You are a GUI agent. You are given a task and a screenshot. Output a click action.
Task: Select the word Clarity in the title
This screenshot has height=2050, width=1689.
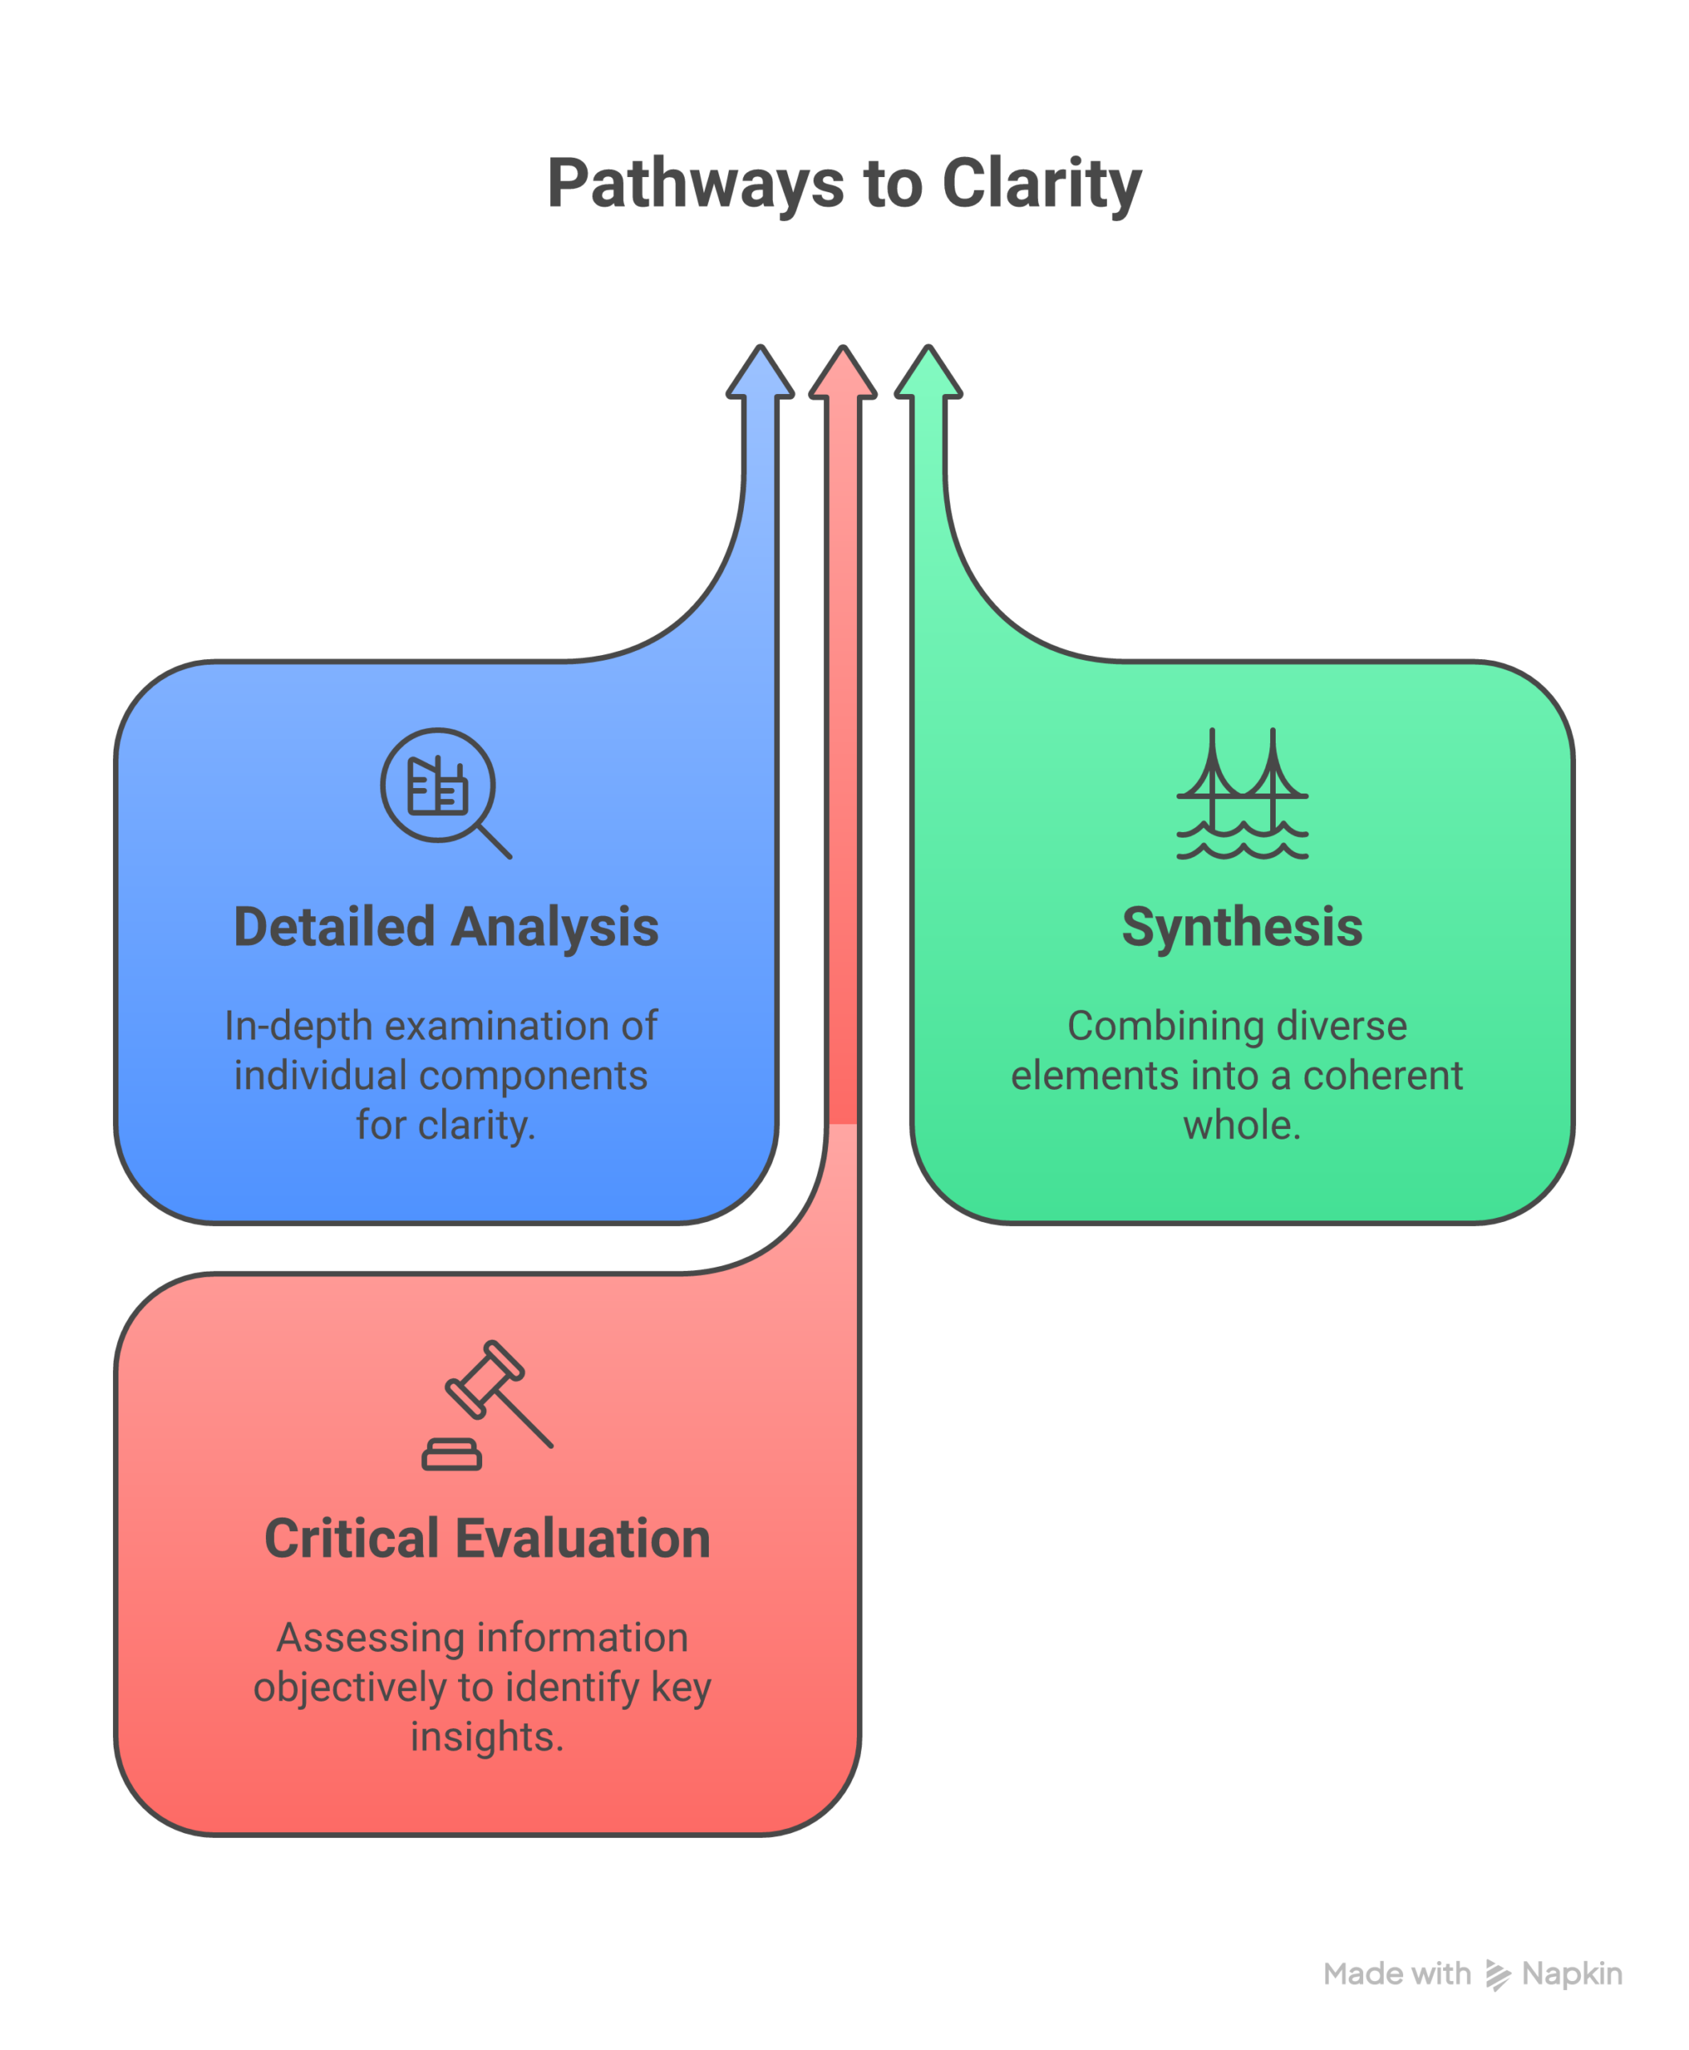[1042, 184]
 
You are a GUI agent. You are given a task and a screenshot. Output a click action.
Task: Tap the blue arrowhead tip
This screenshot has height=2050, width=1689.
[761, 347]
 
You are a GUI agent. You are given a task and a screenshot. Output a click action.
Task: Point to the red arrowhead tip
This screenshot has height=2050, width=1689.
[843, 347]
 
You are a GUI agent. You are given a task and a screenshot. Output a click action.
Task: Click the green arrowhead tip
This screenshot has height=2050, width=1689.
[929, 347]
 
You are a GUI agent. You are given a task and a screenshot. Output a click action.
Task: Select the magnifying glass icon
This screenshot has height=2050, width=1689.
[444, 793]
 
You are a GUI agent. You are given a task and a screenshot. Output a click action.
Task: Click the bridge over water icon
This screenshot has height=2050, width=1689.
[1242, 794]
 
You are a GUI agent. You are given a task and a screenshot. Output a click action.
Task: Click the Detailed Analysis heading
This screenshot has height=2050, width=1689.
[447, 927]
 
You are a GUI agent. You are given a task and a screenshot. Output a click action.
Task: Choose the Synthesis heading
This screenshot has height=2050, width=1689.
[1242, 927]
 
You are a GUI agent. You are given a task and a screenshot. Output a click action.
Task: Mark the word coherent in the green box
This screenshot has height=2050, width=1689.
[1382, 1076]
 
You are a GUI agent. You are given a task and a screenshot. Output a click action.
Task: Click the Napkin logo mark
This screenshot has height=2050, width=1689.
[1498, 1975]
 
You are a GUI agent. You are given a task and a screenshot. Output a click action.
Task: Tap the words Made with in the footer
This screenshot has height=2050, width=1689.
[1397, 1974]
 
